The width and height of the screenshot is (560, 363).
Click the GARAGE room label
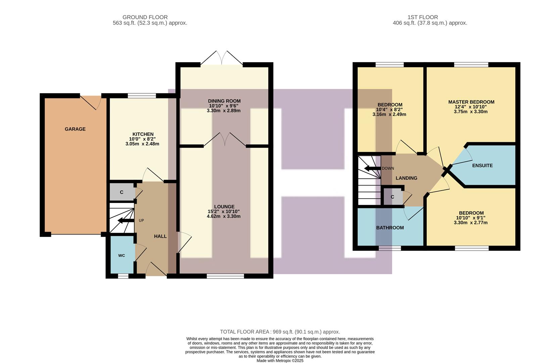75,129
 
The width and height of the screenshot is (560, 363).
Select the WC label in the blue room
122,255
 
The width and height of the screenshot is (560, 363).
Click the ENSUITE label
482,165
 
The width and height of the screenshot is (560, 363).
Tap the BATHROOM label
390,228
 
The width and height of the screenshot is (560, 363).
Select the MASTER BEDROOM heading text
471,102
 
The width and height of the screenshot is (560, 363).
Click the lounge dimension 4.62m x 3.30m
224,216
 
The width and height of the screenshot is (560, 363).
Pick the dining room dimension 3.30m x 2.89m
224,111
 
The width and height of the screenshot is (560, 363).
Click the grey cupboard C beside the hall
122,192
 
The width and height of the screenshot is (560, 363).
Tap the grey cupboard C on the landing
392,197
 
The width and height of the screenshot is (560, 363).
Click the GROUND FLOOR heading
145,17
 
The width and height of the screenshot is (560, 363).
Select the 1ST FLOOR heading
423,17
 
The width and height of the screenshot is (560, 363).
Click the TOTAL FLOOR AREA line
280,332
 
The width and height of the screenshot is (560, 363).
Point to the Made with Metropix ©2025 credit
280,361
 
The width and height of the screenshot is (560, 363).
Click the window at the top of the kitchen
142,96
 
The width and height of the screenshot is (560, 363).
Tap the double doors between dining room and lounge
225,140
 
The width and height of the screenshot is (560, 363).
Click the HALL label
160,236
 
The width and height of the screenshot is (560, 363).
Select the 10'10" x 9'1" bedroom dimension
471,218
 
